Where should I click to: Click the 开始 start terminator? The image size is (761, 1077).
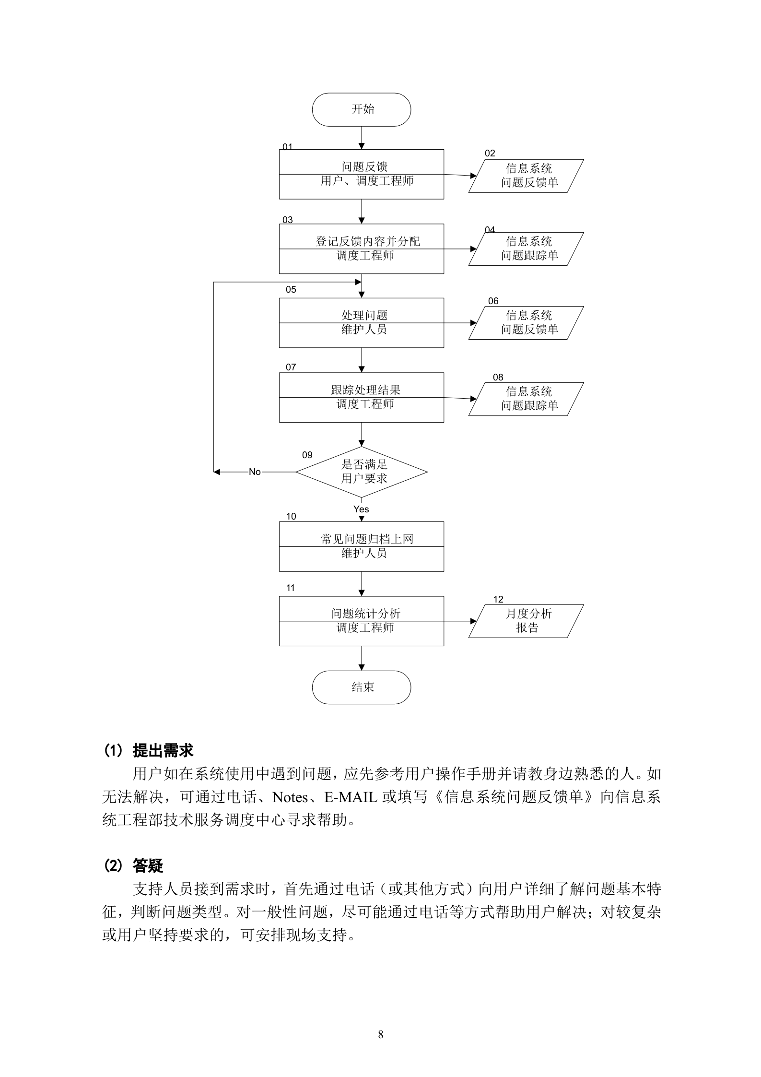pos(361,109)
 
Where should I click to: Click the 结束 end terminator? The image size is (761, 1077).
pos(361,687)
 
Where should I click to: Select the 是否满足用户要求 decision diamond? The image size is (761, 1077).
pos(361,472)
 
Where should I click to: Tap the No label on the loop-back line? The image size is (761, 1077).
pos(255,472)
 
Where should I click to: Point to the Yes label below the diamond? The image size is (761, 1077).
pos(361,509)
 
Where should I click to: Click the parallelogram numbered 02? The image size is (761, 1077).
pos(526,176)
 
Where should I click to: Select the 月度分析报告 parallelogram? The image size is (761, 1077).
pos(526,621)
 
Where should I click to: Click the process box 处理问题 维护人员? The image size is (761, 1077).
pos(361,322)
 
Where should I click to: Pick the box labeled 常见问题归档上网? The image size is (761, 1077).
pos(361,546)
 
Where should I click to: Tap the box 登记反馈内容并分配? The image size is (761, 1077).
pos(361,249)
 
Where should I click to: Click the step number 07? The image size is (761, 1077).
pos(291,367)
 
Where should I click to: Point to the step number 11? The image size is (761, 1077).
pos(291,588)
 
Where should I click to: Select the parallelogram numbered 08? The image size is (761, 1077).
pos(526,399)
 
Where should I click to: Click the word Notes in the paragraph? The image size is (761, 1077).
pos(290,797)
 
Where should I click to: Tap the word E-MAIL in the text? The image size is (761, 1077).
pos(351,797)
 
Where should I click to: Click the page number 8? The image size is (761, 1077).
pos(380,1034)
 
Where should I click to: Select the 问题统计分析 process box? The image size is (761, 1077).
pos(361,621)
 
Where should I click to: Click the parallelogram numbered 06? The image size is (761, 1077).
pos(526,322)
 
